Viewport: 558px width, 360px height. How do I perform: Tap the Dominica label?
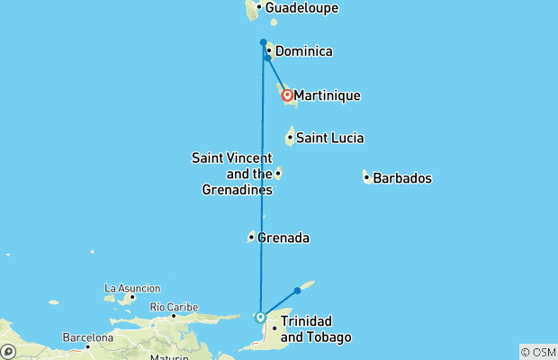click(x=303, y=51)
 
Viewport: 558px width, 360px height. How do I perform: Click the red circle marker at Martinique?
click(x=287, y=94)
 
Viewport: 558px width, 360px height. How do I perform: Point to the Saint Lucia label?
click(x=329, y=138)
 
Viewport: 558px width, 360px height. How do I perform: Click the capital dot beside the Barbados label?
click(x=366, y=177)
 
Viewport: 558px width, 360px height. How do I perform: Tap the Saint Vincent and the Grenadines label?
click(x=232, y=174)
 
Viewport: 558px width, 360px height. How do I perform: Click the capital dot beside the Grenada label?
click(x=251, y=238)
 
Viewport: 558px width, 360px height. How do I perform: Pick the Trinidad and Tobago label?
click(x=315, y=328)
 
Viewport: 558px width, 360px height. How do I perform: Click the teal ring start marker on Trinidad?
click(x=260, y=317)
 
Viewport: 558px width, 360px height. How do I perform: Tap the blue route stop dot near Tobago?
click(x=297, y=291)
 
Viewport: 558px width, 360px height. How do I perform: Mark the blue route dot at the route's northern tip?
click(x=263, y=42)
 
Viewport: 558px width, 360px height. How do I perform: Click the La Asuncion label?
click(x=132, y=288)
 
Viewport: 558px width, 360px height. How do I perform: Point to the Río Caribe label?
click(x=175, y=307)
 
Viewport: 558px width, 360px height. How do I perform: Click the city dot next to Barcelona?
click(x=88, y=346)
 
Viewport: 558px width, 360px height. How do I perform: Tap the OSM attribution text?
click(x=538, y=352)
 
